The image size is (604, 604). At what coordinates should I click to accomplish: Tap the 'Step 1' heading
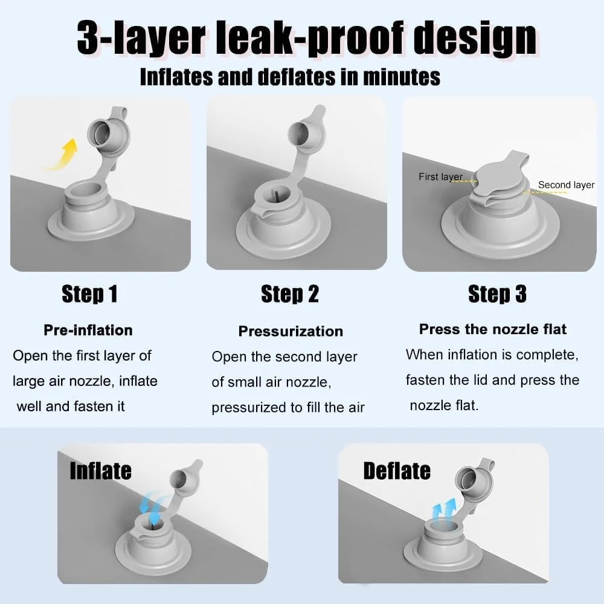pos(89,294)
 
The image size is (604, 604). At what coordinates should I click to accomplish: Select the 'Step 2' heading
pos(290,294)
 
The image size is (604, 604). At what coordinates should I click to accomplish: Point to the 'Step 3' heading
pos(497,294)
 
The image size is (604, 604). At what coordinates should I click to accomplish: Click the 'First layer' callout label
pos(441,177)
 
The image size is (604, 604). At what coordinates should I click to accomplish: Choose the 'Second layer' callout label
pos(567,185)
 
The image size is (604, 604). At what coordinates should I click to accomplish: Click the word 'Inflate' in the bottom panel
pos(100,471)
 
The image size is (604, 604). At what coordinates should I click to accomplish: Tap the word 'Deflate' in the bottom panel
pos(397,471)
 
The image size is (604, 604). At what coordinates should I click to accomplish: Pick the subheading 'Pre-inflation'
pos(88,330)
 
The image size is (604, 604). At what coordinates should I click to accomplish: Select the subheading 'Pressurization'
pos(291,331)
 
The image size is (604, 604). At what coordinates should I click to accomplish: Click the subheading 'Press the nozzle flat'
pos(493,329)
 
